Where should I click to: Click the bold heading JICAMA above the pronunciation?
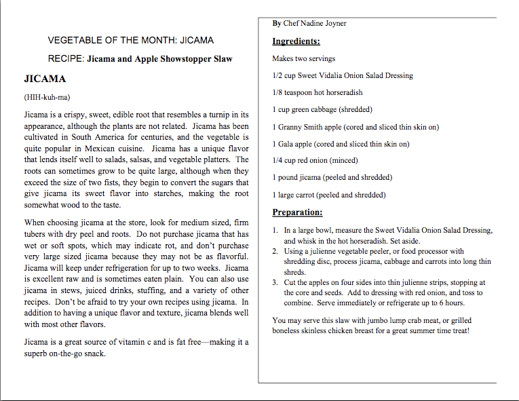click(45, 79)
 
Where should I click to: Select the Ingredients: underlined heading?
click(296, 41)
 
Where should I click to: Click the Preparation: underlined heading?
click(297, 212)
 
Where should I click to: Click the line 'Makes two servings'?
click(303, 59)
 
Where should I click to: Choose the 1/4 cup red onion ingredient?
click(315, 161)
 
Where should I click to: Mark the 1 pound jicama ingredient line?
click(332, 178)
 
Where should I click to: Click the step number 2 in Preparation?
click(275, 252)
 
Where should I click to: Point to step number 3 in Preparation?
click(275, 282)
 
